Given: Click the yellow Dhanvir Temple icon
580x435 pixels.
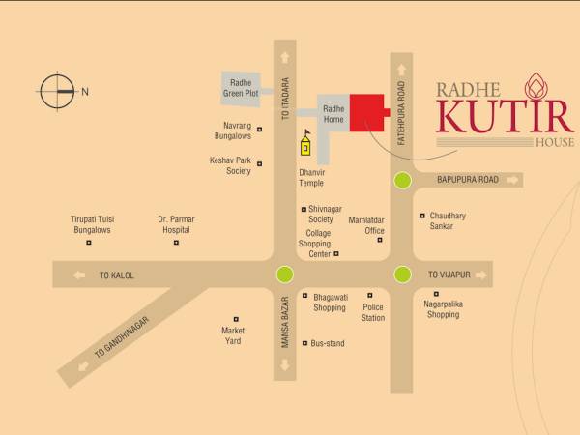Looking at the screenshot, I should [x=306, y=144].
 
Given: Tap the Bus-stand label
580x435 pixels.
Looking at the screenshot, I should [x=327, y=343].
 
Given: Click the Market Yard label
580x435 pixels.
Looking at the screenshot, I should [x=233, y=335].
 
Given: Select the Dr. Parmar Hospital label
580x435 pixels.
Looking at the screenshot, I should [x=175, y=224].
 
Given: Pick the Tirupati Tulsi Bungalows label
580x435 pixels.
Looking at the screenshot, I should [x=92, y=224].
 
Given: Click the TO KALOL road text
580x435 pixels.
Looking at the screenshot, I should [x=117, y=275].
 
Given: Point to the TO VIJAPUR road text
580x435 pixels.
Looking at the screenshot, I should [x=449, y=275].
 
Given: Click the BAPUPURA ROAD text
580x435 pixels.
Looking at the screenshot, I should [x=467, y=180].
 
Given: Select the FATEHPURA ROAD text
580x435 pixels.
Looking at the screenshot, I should [x=400, y=111].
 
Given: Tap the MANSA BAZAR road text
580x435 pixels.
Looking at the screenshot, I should [x=285, y=325].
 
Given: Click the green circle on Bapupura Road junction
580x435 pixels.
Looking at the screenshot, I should [x=402, y=180].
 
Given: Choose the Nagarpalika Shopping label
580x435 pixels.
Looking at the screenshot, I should [x=443, y=308].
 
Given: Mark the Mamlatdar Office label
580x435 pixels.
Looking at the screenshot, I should [x=366, y=225].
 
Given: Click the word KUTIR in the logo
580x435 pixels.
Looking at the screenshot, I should [x=505, y=115].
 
